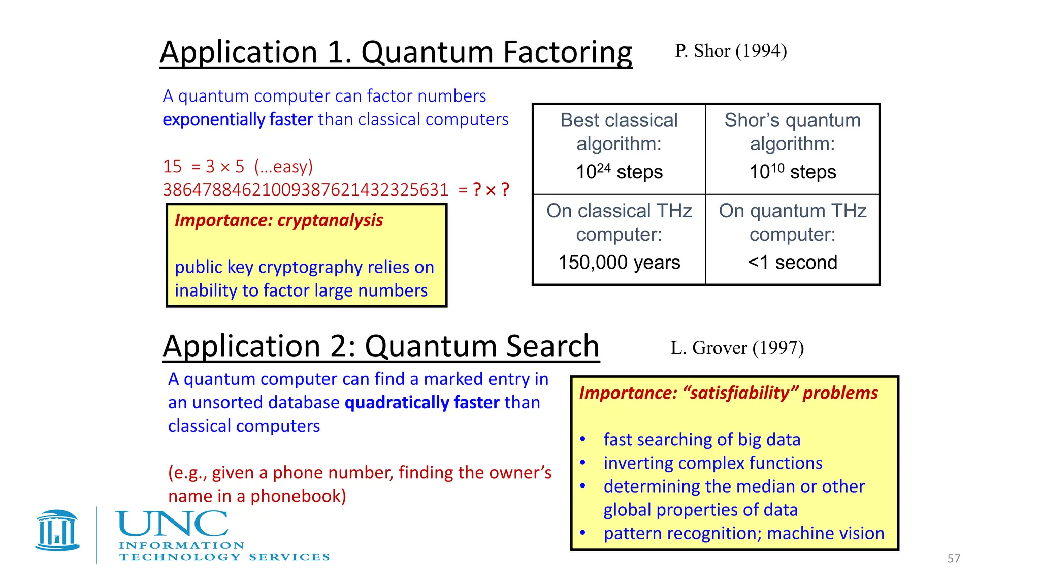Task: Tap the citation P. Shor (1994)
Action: (731, 51)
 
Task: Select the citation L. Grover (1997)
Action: (737, 348)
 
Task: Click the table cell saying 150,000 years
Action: (619, 263)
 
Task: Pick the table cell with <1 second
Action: (792, 263)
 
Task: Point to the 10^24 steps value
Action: (619, 172)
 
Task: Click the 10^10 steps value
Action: (792, 172)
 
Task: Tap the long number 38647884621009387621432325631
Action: (306, 190)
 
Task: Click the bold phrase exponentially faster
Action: (238, 120)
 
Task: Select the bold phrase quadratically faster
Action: (422, 403)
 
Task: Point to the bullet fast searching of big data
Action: (702, 440)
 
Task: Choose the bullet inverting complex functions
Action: (712, 463)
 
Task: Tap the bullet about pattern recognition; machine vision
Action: (744, 533)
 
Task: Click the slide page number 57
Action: (954, 559)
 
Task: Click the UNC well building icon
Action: (57, 530)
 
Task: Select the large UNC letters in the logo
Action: (172, 524)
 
